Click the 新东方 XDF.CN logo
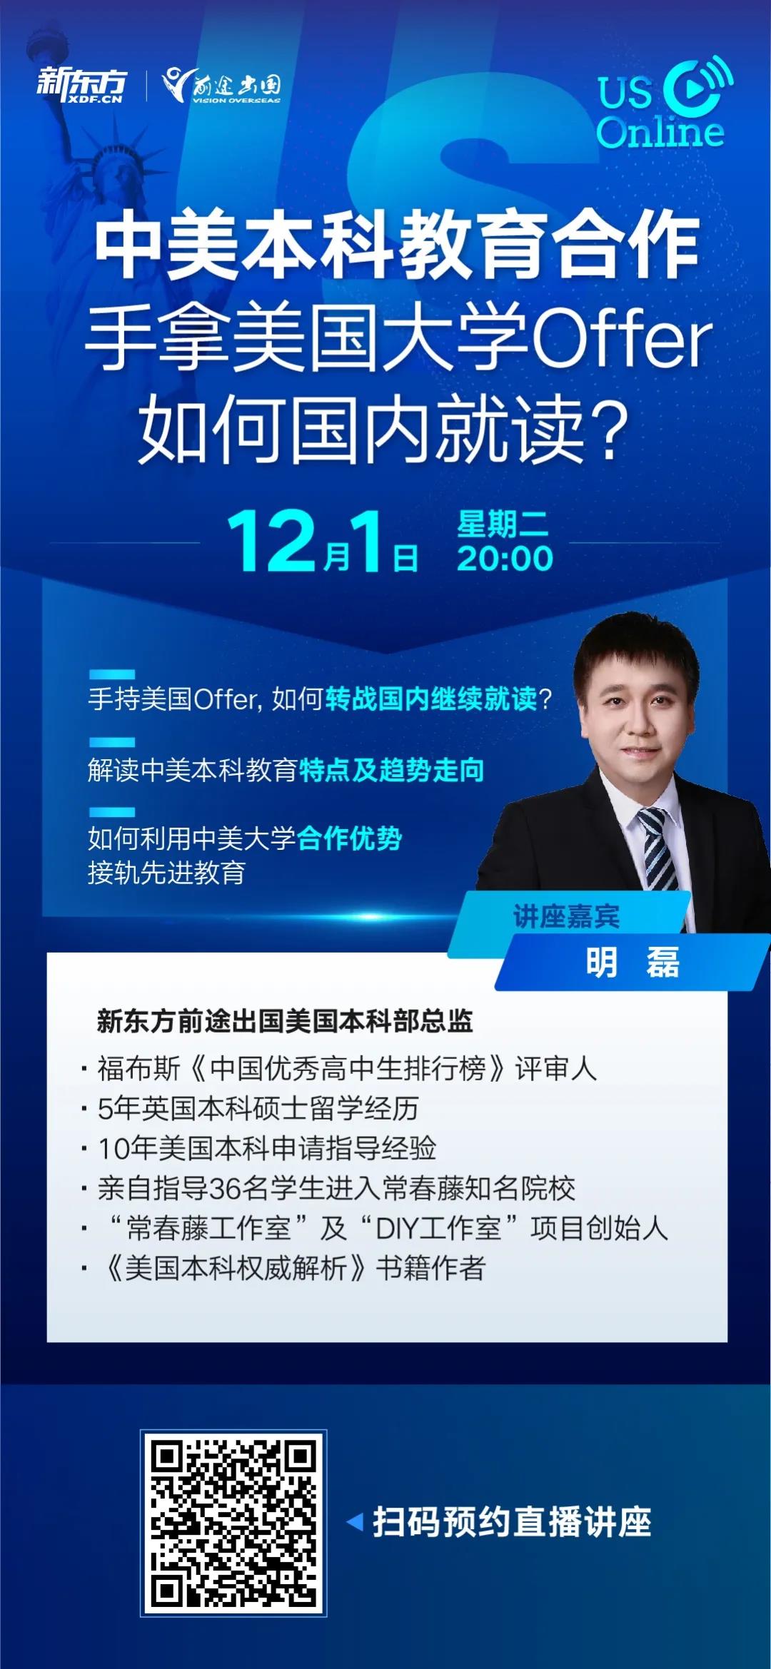coord(82,86)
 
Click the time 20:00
coord(505,558)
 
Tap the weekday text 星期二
coord(503,524)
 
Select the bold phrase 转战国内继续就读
coord(430,699)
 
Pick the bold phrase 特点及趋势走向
coord(391,770)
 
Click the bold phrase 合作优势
coord(349,838)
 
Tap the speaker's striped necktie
coord(657,849)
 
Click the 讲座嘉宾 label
coord(566,916)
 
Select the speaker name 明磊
coord(633,962)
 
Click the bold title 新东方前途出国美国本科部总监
coord(285,1021)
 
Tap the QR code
coord(233,1522)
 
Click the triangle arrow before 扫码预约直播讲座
coord(355,1522)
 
